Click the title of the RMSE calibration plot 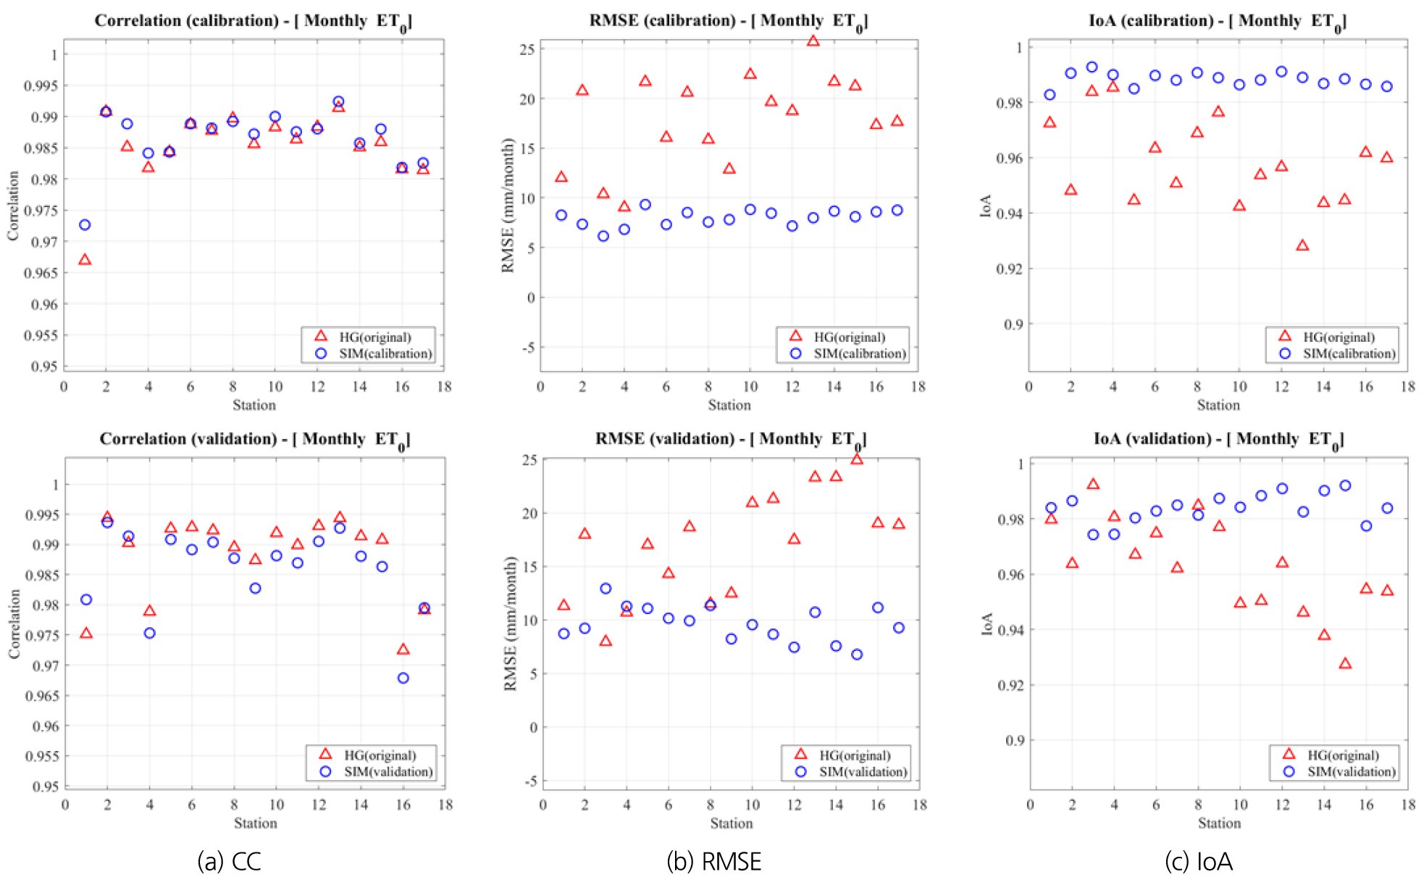point(728,21)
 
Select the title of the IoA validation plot point(1218,439)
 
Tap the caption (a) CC point(229,861)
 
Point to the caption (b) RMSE point(713,861)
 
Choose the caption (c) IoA point(1198,861)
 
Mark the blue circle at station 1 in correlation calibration point(85,225)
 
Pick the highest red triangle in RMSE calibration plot point(813,41)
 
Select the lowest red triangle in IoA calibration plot point(1302,246)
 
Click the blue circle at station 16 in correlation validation point(403,678)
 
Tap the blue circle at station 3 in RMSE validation point(606,589)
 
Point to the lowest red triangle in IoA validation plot point(1345,663)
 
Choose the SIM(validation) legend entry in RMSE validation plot point(862,772)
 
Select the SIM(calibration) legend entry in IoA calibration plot point(1349,353)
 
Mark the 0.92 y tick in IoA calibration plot point(1009,269)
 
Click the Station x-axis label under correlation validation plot point(255,823)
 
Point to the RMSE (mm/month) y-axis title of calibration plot point(508,206)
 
